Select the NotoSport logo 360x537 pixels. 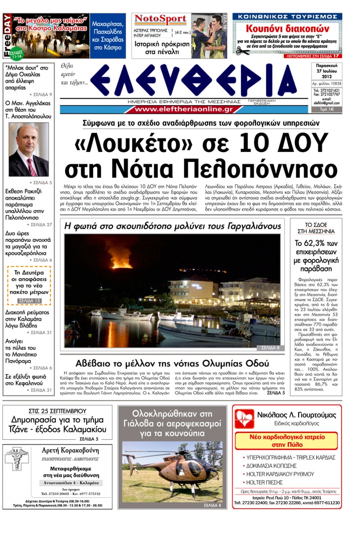(160, 19)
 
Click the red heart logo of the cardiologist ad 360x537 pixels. (244, 418)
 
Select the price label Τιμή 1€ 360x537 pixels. (327, 109)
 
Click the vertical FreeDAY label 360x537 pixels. (7, 36)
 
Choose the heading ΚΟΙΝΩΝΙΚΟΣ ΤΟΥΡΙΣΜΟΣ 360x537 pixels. (287, 16)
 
